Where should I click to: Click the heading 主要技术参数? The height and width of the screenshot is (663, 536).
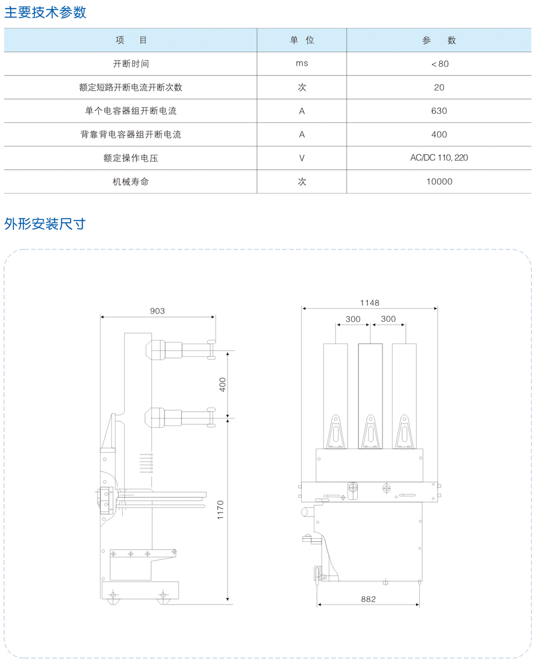pyautogui.click(x=45, y=12)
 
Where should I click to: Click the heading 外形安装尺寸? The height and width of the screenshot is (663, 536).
pyautogui.click(x=45, y=224)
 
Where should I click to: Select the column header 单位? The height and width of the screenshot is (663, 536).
pyautogui.click(x=302, y=40)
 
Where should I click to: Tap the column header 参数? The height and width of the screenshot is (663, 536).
pyautogui.click(x=439, y=40)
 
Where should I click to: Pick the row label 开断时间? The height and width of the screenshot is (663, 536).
pyautogui.click(x=131, y=64)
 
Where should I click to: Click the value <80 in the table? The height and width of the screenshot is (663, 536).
pyautogui.click(x=439, y=64)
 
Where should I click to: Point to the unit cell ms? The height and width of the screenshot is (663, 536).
pyautogui.click(x=302, y=63)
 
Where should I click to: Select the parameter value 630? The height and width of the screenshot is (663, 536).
pyautogui.click(x=439, y=111)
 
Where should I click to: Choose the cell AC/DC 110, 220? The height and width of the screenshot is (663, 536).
pyautogui.click(x=439, y=158)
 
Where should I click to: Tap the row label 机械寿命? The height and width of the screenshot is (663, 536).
pyautogui.click(x=131, y=182)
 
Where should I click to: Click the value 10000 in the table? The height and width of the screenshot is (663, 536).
pyautogui.click(x=439, y=181)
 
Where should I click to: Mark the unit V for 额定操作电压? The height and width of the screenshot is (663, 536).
pyautogui.click(x=302, y=158)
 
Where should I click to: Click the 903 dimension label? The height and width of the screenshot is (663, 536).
pyautogui.click(x=158, y=311)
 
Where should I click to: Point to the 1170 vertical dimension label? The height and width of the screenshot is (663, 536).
pyautogui.click(x=220, y=510)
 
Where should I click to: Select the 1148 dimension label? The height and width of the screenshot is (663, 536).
pyautogui.click(x=370, y=303)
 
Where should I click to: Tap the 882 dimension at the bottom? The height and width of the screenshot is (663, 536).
pyautogui.click(x=369, y=599)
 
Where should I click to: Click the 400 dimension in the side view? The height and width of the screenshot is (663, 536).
pyautogui.click(x=223, y=385)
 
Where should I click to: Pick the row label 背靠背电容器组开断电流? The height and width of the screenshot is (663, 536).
pyautogui.click(x=131, y=134)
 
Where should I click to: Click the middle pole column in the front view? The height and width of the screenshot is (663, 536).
pyautogui.click(x=370, y=396)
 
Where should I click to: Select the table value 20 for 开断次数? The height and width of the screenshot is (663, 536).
pyautogui.click(x=439, y=87)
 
